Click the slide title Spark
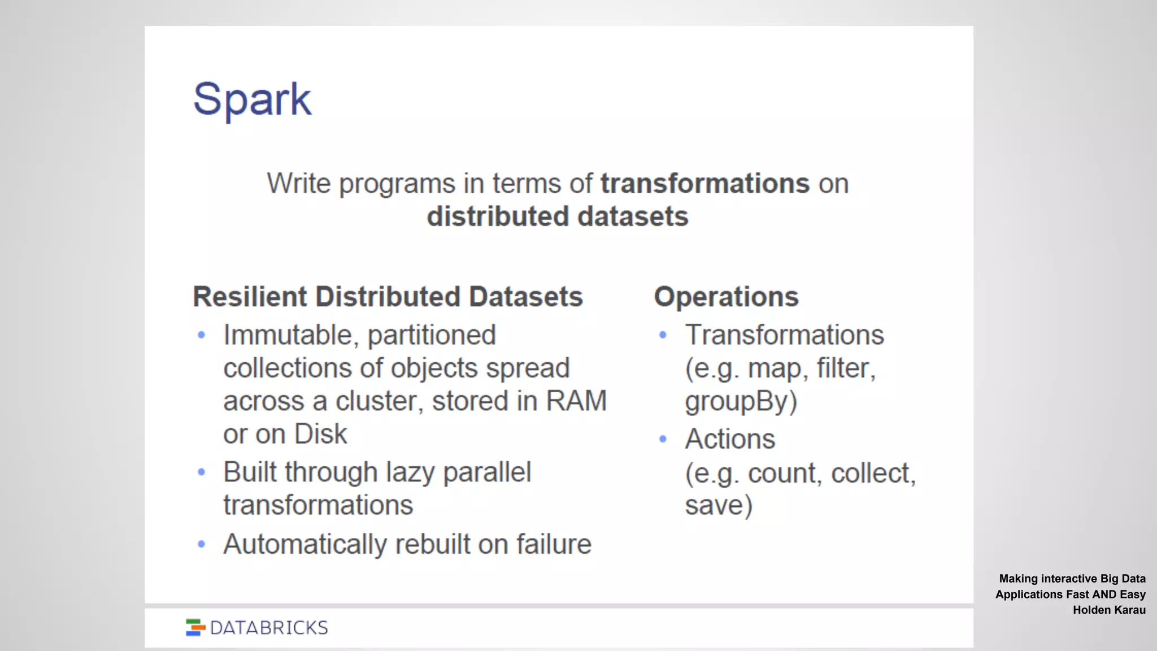pyautogui.click(x=252, y=99)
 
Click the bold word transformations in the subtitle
pyautogui.click(x=704, y=184)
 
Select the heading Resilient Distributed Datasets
pyautogui.click(x=388, y=297)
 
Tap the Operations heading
pyautogui.click(x=726, y=297)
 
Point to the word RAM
pyautogui.click(x=576, y=401)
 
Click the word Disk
pyautogui.click(x=320, y=434)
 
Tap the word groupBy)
pyautogui.click(x=741, y=402)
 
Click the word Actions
pyautogui.click(x=730, y=439)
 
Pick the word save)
pyautogui.click(x=719, y=505)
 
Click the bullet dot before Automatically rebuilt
pyautogui.click(x=202, y=544)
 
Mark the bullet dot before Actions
pyautogui.click(x=663, y=439)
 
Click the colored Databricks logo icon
pyautogui.click(x=195, y=627)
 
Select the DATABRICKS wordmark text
pyautogui.click(x=269, y=628)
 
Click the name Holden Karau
pyautogui.click(x=1109, y=610)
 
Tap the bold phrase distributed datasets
pyautogui.click(x=557, y=216)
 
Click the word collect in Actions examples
pyautogui.click(x=872, y=473)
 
